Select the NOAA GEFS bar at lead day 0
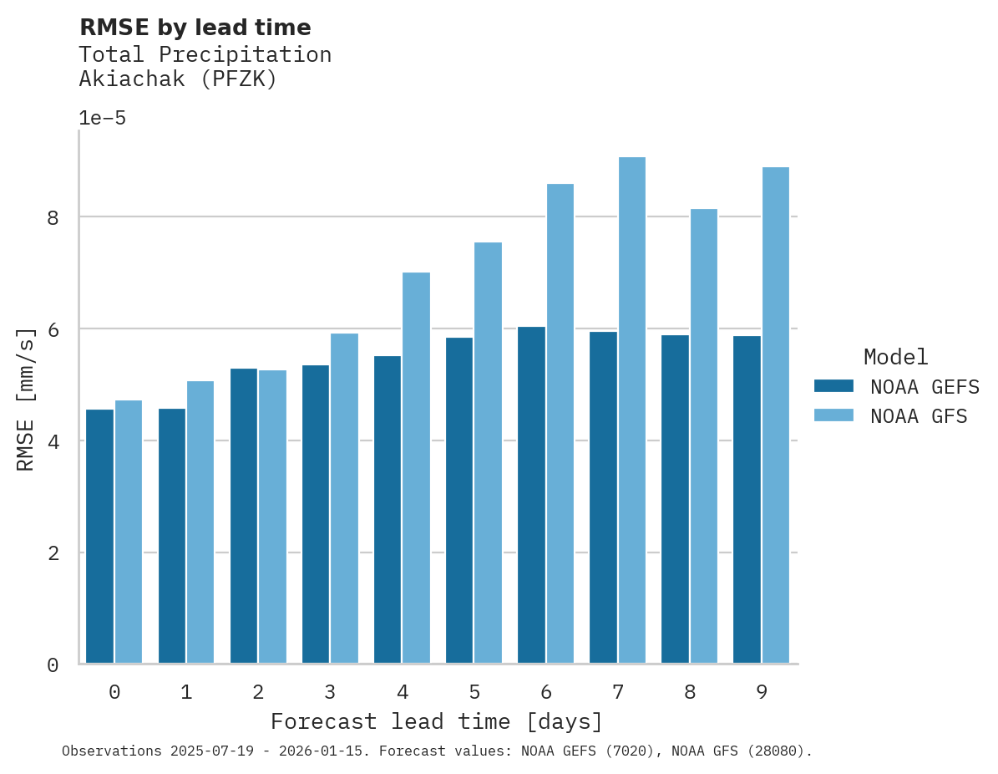coord(100,537)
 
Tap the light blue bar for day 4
coord(416,468)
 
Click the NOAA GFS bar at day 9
coord(776,415)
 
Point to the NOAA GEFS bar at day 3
coord(316,514)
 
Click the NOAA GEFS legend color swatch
coord(833,386)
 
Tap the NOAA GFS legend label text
coord(919,416)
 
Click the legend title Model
coord(895,357)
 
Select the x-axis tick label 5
coord(474,692)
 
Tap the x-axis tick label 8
coord(690,692)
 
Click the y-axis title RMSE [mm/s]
coord(27,399)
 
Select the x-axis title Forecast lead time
coord(436,721)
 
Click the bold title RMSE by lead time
coord(195,28)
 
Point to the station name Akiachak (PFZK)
coord(177,79)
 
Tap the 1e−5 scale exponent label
coord(102,118)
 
